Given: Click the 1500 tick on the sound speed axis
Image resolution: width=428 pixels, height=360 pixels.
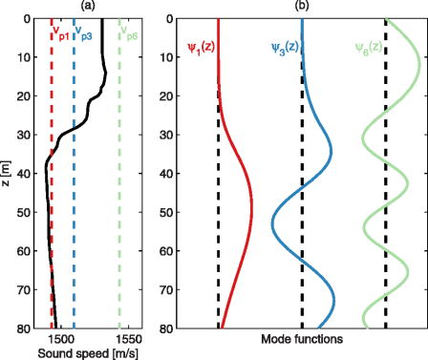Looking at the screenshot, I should pyautogui.click(x=59, y=339).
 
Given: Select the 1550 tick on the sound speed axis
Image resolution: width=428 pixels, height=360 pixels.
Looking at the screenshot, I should pyautogui.click(x=129, y=339).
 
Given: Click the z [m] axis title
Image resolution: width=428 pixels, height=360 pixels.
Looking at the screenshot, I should pyautogui.click(x=8, y=173).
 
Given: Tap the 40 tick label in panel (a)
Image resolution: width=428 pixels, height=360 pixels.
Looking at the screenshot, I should pyautogui.click(x=29, y=174).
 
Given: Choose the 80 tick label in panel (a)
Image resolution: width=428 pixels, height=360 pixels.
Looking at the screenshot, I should pyautogui.click(x=29, y=328).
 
